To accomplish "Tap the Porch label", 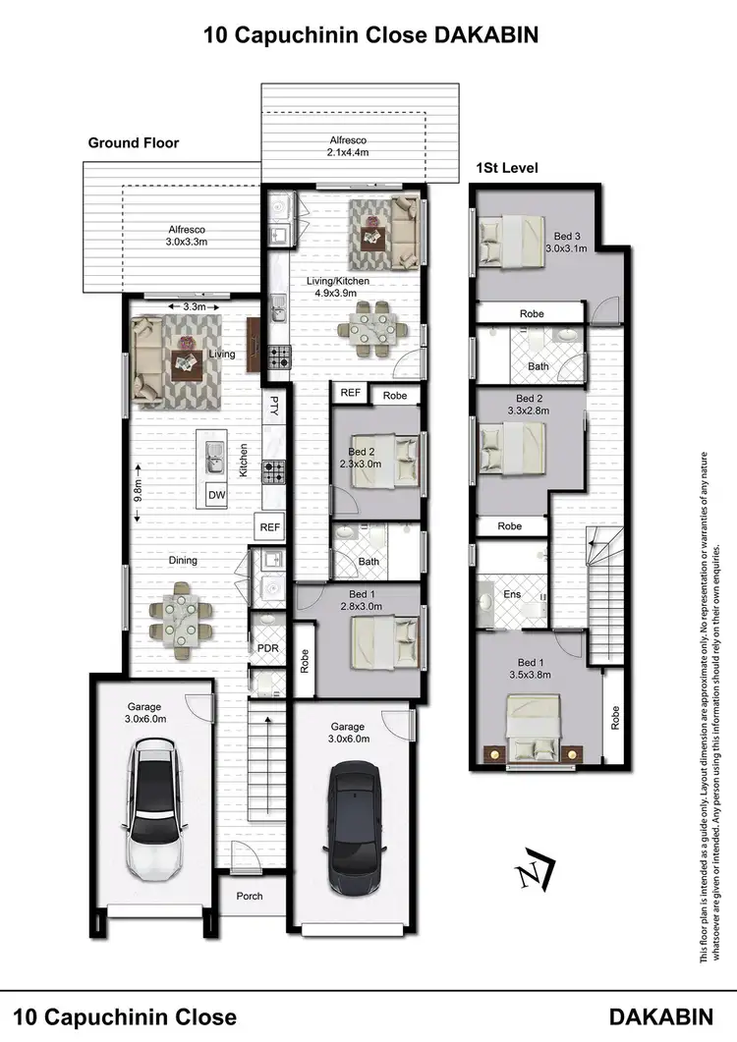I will point(250,896).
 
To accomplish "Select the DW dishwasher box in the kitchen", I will point(216,495).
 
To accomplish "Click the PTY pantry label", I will point(274,408).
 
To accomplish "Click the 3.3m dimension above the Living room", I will point(195,307).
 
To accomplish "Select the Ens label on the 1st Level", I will point(511,595).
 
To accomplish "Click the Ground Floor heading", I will point(134,143).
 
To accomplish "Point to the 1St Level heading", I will point(506,168).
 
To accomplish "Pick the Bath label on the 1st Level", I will point(537,366).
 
